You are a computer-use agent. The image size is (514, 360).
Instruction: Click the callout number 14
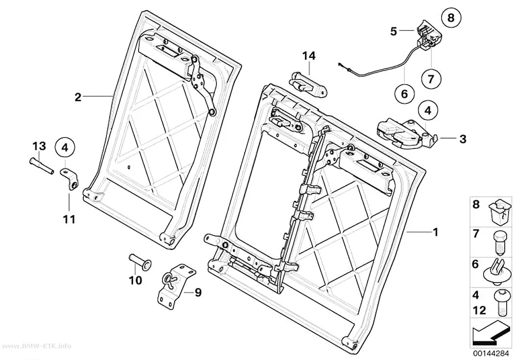(309, 56)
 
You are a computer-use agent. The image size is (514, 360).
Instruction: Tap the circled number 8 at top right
(451, 17)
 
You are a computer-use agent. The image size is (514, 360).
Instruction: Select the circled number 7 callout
(431, 78)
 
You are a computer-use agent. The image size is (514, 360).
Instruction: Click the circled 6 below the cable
(404, 94)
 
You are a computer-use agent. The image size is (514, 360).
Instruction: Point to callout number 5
(394, 31)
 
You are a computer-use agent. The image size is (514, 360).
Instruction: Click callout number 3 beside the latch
(463, 139)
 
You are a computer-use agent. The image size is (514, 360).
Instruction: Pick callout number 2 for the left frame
(78, 97)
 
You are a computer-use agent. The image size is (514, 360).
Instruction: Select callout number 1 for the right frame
(435, 232)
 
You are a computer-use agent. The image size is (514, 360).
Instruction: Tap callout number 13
(39, 146)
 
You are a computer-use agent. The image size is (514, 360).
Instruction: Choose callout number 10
(135, 280)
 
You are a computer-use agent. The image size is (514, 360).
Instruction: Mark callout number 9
(198, 292)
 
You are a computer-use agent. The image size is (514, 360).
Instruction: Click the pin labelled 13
(41, 166)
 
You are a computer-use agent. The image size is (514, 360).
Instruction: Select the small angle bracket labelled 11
(70, 179)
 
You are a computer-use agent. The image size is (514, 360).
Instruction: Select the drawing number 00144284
(491, 354)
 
